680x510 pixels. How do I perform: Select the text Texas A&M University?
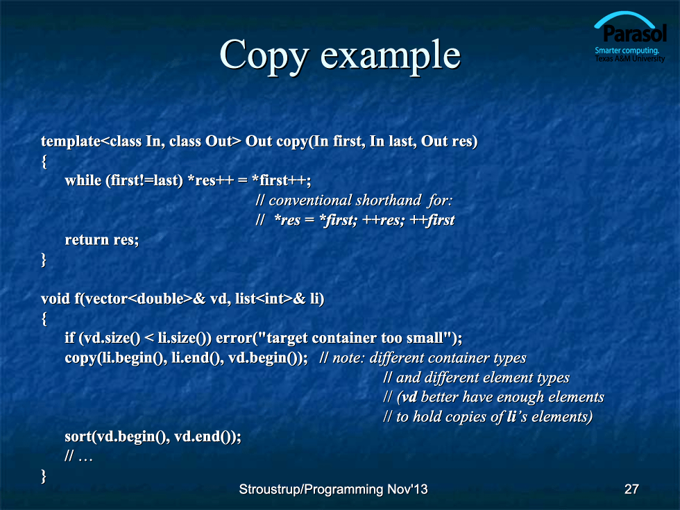point(630,58)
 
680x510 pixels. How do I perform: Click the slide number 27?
point(631,489)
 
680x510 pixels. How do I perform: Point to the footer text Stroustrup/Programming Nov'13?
point(333,490)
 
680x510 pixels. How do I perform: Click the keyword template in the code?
point(71,142)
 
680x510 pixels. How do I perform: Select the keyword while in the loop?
point(83,180)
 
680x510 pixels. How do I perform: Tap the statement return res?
point(102,239)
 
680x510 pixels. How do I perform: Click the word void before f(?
point(56,298)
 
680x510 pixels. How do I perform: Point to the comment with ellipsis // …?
point(78,456)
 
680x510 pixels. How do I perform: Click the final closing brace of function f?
point(43,476)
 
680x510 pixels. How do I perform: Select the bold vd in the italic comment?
point(410,397)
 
